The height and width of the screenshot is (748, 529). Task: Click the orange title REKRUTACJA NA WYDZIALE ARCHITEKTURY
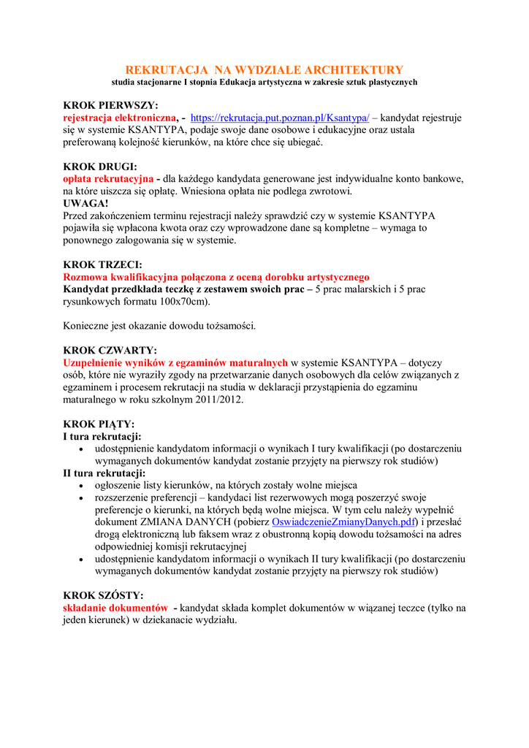264,70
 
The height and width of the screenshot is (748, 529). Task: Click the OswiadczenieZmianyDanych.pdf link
343,522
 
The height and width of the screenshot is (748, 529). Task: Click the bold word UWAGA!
85,204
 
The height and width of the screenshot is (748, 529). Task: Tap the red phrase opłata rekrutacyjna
108,179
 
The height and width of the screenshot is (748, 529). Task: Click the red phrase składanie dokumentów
115,608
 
